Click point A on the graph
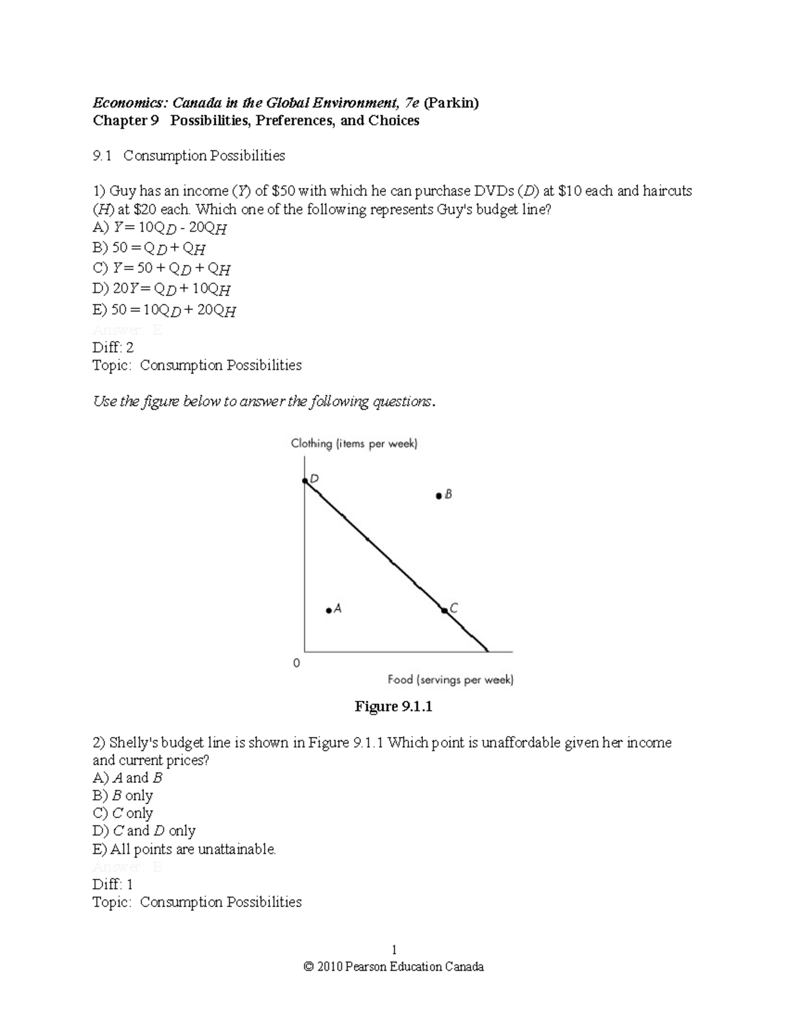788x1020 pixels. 328,610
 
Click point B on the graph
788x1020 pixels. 439,496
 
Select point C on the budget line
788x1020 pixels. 445,611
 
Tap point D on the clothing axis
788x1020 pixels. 305,481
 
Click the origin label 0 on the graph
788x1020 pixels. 296,663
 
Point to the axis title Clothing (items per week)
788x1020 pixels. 354,444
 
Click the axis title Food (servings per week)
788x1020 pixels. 450,680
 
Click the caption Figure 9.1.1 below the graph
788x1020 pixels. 393,707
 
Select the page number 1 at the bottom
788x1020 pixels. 394,950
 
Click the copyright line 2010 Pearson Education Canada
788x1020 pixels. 394,967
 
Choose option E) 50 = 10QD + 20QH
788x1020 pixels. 164,310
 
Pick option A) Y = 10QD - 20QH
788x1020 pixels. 160,228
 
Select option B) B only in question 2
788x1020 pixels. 123,795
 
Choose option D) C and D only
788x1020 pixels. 144,831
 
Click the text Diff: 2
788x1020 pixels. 113,347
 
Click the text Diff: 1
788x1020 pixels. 113,884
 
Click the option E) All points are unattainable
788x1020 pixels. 185,849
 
